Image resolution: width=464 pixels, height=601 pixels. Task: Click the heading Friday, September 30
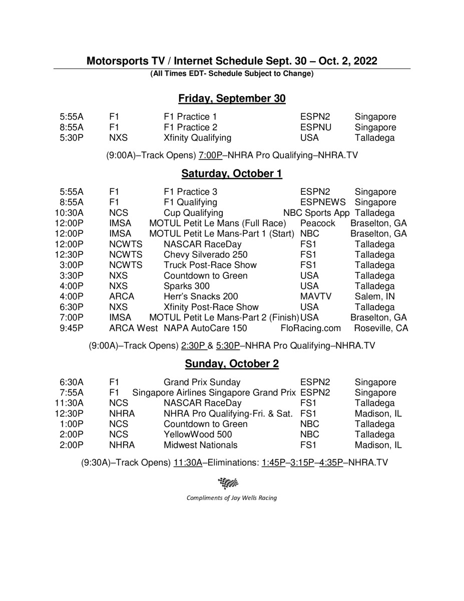click(x=232, y=98)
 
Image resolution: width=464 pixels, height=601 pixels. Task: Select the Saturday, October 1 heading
click(x=232, y=174)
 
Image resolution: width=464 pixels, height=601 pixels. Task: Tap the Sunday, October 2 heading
click(x=232, y=364)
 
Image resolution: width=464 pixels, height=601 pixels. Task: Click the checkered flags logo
click(x=228, y=483)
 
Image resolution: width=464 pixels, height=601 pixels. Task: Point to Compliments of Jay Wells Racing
click(x=231, y=498)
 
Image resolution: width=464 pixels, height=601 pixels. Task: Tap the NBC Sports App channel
click(x=316, y=213)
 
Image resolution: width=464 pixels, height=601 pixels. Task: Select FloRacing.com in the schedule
click(x=311, y=329)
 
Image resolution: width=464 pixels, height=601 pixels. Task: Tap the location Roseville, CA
click(x=381, y=329)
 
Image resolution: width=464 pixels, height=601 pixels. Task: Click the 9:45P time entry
click(x=71, y=329)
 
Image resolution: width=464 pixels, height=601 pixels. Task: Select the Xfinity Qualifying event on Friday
click(x=197, y=138)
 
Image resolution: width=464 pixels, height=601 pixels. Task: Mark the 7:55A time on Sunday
click(x=71, y=393)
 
